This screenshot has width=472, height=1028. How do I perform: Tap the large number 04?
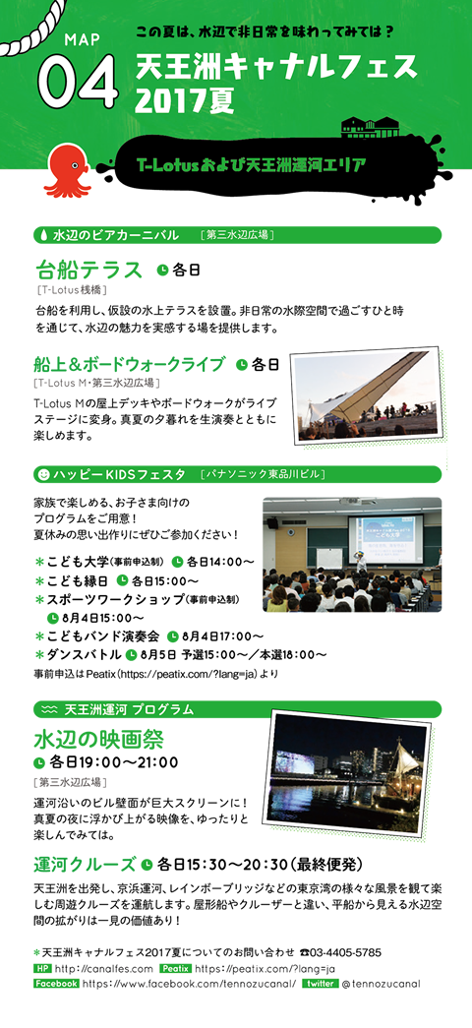(79, 82)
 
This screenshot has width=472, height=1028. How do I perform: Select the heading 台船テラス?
(88, 270)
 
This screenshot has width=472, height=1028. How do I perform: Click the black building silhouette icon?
(371, 126)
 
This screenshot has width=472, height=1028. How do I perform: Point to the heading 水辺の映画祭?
(99, 740)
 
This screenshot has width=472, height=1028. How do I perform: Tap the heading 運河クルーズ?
(86, 864)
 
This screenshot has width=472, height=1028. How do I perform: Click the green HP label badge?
(42, 969)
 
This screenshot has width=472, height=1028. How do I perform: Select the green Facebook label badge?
(56, 984)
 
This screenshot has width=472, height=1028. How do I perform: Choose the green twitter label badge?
(320, 984)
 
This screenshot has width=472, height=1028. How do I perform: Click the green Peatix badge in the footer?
(174, 969)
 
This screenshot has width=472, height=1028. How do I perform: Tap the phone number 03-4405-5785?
(346, 952)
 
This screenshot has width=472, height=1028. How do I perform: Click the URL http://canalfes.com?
(104, 969)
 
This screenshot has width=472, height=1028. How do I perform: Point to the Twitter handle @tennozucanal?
(381, 984)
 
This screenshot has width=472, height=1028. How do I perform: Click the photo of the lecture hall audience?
(352, 554)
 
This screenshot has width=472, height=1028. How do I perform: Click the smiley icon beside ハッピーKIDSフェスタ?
(44, 473)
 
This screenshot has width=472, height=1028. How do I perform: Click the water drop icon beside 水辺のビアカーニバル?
(44, 235)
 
